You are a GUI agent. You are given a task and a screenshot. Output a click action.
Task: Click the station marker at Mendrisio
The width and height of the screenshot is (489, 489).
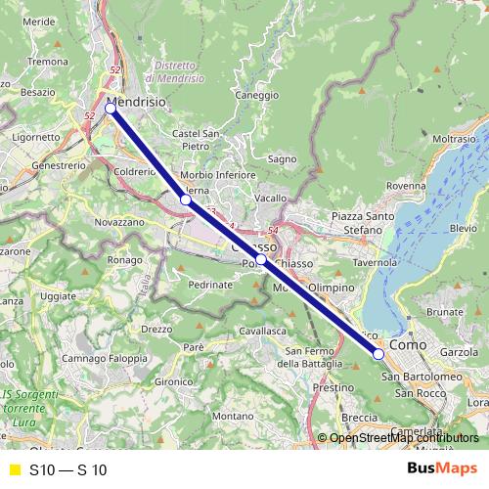click(111, 109)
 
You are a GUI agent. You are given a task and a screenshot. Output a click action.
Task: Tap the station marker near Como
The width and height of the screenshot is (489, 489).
click(378, 354)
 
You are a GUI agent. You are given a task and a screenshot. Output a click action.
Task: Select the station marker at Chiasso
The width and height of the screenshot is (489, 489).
click(262, 260)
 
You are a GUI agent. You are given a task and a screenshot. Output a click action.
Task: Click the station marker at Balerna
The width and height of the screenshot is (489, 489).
click(185, 200)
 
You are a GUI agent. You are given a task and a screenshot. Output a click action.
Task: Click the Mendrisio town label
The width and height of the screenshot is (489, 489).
click(135, 100)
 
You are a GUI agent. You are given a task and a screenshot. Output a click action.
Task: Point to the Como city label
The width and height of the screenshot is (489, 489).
click(407, 345)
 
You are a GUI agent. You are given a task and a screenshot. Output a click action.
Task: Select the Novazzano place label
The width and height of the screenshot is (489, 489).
click(120, 222)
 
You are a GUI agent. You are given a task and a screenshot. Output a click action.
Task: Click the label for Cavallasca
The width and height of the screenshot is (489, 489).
click(261, 332)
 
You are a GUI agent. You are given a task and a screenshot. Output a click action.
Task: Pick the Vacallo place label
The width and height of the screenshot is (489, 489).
click(270, 198)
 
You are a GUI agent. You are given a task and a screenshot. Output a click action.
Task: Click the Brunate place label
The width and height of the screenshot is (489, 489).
click(445, 311)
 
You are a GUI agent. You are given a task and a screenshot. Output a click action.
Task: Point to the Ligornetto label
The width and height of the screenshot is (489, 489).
click(36, 138)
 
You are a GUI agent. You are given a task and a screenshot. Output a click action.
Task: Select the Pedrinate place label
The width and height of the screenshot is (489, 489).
click(210, 285)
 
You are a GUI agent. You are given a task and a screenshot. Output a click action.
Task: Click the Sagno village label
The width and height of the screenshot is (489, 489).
click(282, 158)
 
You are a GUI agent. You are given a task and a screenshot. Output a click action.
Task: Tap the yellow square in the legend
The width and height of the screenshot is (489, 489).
click(14, 469)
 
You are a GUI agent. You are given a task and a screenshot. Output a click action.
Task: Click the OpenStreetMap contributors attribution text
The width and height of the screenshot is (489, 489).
click(398, 437)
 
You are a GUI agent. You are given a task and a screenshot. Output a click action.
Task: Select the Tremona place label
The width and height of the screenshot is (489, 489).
click(45, 61)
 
